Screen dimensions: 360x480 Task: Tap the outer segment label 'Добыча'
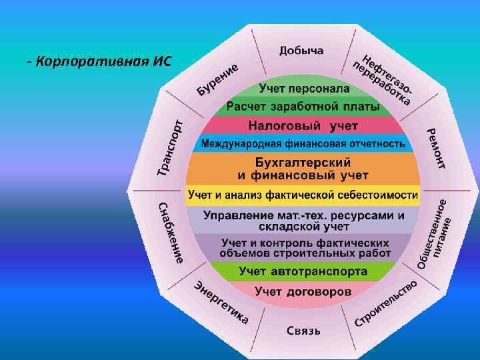(301, 51)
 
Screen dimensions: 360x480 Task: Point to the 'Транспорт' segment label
(170, 148)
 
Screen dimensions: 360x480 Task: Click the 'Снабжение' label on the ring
(169, 233)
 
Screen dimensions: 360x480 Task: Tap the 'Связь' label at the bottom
(303, 330)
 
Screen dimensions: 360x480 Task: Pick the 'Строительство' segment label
(387, 303)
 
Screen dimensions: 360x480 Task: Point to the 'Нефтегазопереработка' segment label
(386, 79)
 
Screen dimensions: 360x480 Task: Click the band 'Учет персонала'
(304, 88)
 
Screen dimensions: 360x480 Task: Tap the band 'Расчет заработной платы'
(303, 107)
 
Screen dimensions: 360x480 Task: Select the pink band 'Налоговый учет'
(303, 125)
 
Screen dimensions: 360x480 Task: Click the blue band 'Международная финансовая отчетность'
(303, 143)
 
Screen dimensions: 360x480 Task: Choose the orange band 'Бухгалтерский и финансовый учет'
(303, 168)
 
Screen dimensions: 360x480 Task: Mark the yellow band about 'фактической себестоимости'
(303, 195)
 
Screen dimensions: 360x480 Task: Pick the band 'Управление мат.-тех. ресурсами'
(303, 221)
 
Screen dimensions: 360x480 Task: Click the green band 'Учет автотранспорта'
(303, 271)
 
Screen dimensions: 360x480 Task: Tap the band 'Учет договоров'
(303, 291)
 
